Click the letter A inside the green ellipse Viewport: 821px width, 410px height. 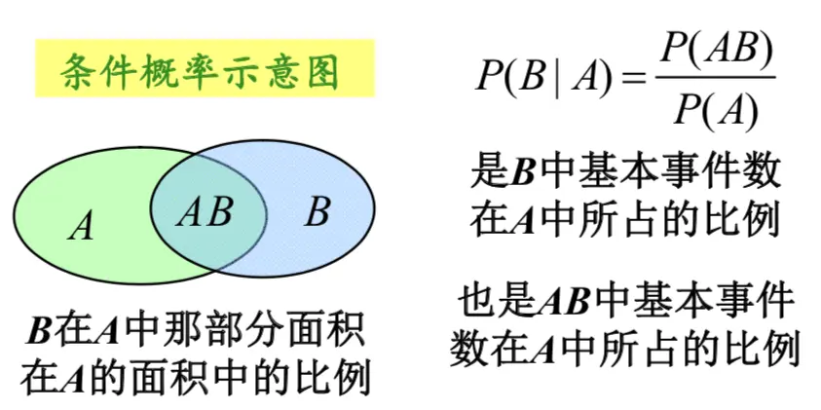click(x=83, y=227)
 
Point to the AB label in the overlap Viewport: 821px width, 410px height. click(x=205, y=211)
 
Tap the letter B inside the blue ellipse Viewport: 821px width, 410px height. click(x=317, y=211)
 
